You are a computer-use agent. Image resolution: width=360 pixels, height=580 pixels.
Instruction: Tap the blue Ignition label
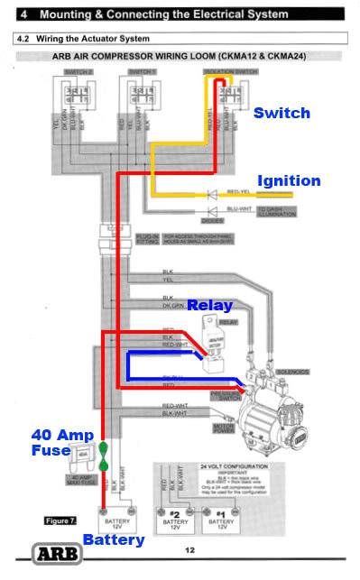point(289,180)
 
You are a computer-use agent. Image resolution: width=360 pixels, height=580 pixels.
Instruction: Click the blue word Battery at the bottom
point(113,539)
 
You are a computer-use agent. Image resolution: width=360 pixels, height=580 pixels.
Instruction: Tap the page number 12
point(189,549)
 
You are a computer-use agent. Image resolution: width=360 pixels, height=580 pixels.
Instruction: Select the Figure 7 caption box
point(61,520)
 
